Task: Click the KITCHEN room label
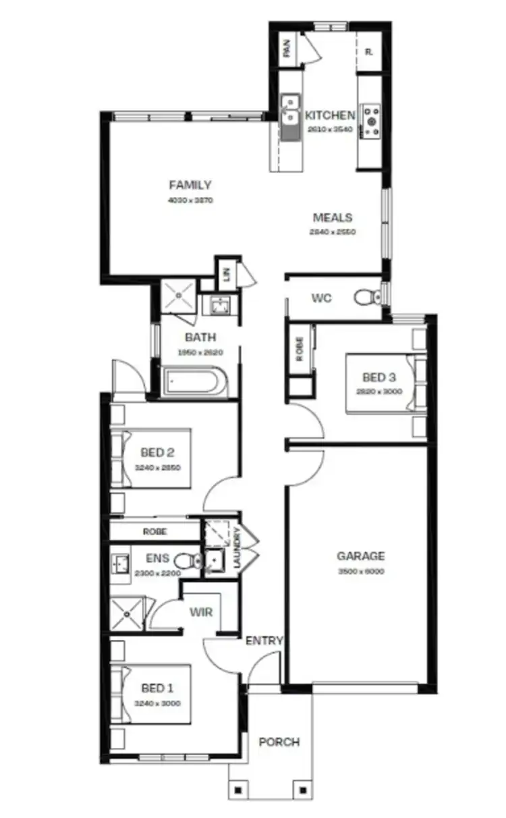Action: (x=330, y=115)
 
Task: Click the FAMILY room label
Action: (x=190, y=185)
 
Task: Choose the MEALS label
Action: (x=333, y=218)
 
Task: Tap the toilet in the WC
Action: (x=366, y=297)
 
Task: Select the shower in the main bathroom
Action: (x=179, y=296)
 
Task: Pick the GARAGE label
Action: (x=361, y=557)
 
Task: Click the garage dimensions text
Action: (x=361, y=571)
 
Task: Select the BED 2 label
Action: (x=158, y=453)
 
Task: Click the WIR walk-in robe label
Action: (x=201, y=613)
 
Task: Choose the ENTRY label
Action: (x=264, y=641)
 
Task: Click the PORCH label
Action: (x=279, y=742)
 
